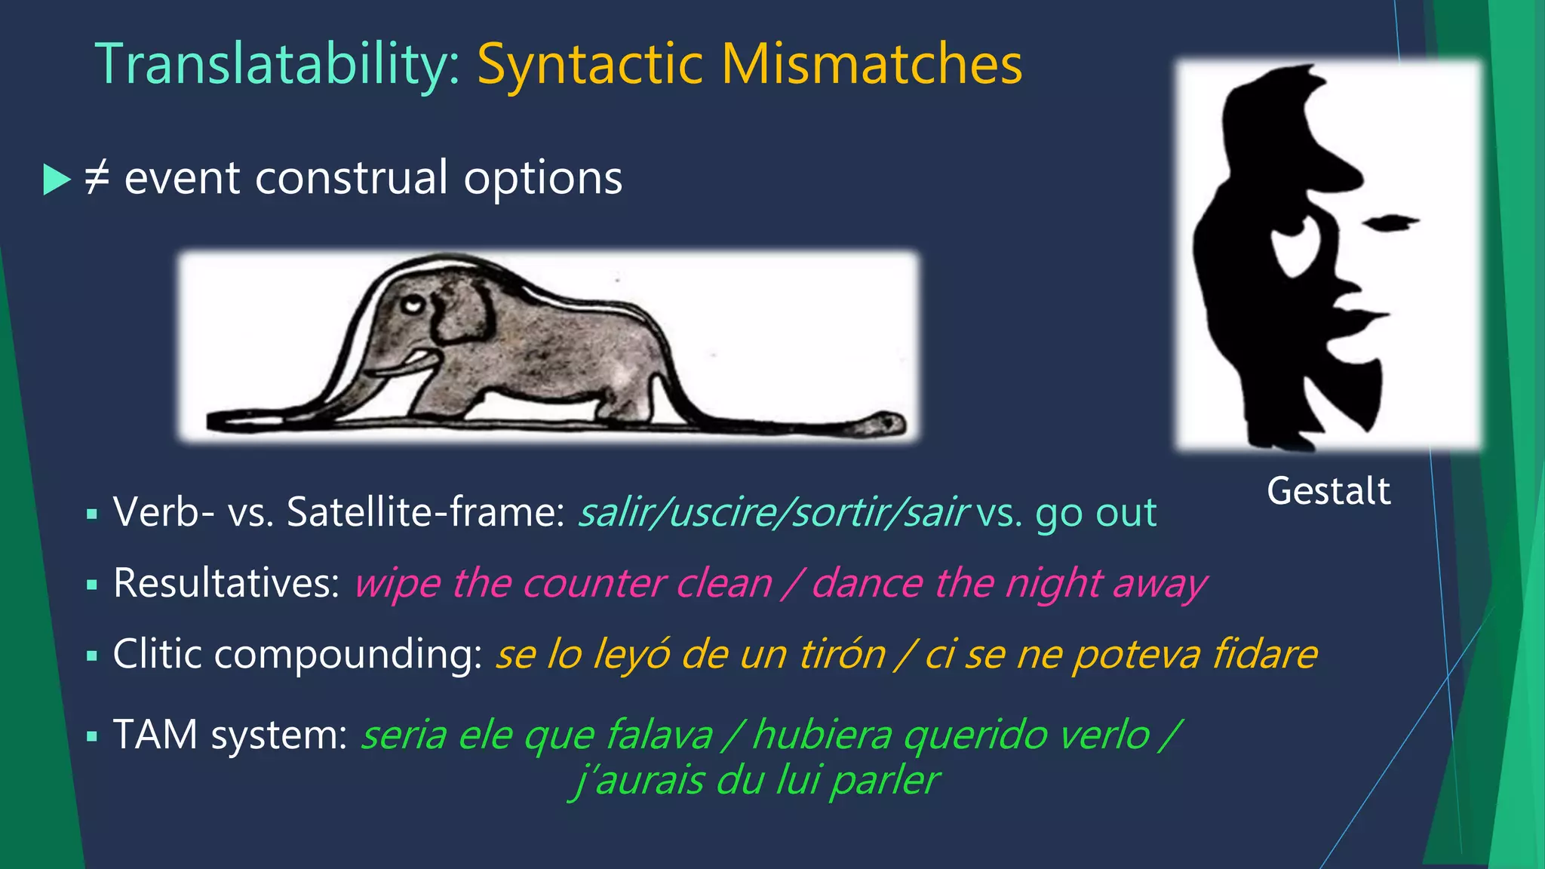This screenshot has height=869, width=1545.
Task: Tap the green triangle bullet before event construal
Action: pos(56,180)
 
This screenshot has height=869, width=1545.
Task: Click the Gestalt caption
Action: pos(1328,491)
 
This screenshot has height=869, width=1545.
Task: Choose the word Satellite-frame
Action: pos(425,513)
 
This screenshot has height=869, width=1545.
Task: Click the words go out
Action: pos(1095,513)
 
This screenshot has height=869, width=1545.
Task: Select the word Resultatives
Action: pos(226,583)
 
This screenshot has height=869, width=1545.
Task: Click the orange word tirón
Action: pos(842,654)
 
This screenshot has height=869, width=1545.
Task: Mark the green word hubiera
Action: pos(822,735)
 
